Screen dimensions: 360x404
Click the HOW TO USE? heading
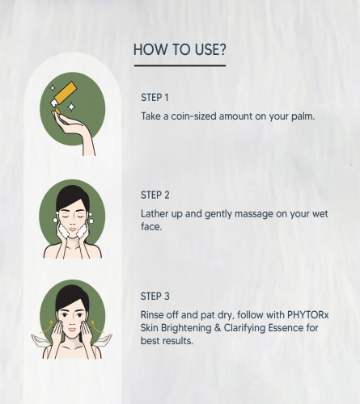[x=180, y=49]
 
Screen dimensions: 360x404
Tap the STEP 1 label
[x=155, y=98]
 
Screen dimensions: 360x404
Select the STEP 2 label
[x=155, y=195]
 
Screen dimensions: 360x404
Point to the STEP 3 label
[x=155, y=297]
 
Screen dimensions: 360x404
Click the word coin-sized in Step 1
[x=193, y=116]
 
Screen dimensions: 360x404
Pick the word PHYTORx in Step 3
[x=307, y=314]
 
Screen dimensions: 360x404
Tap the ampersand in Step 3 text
[x=218, y=328]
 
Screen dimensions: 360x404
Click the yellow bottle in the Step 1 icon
[x=64, y=94]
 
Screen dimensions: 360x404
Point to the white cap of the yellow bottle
[x=54, y=103]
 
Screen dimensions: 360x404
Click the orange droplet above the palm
[x=57, y=111]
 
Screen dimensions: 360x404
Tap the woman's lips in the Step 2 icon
[x=72, y=229]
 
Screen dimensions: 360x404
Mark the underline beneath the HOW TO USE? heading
[x=180, y=65]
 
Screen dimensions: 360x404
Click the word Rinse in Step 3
[x=152, y=314]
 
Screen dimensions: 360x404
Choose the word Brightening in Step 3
[x=186, y=328]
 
